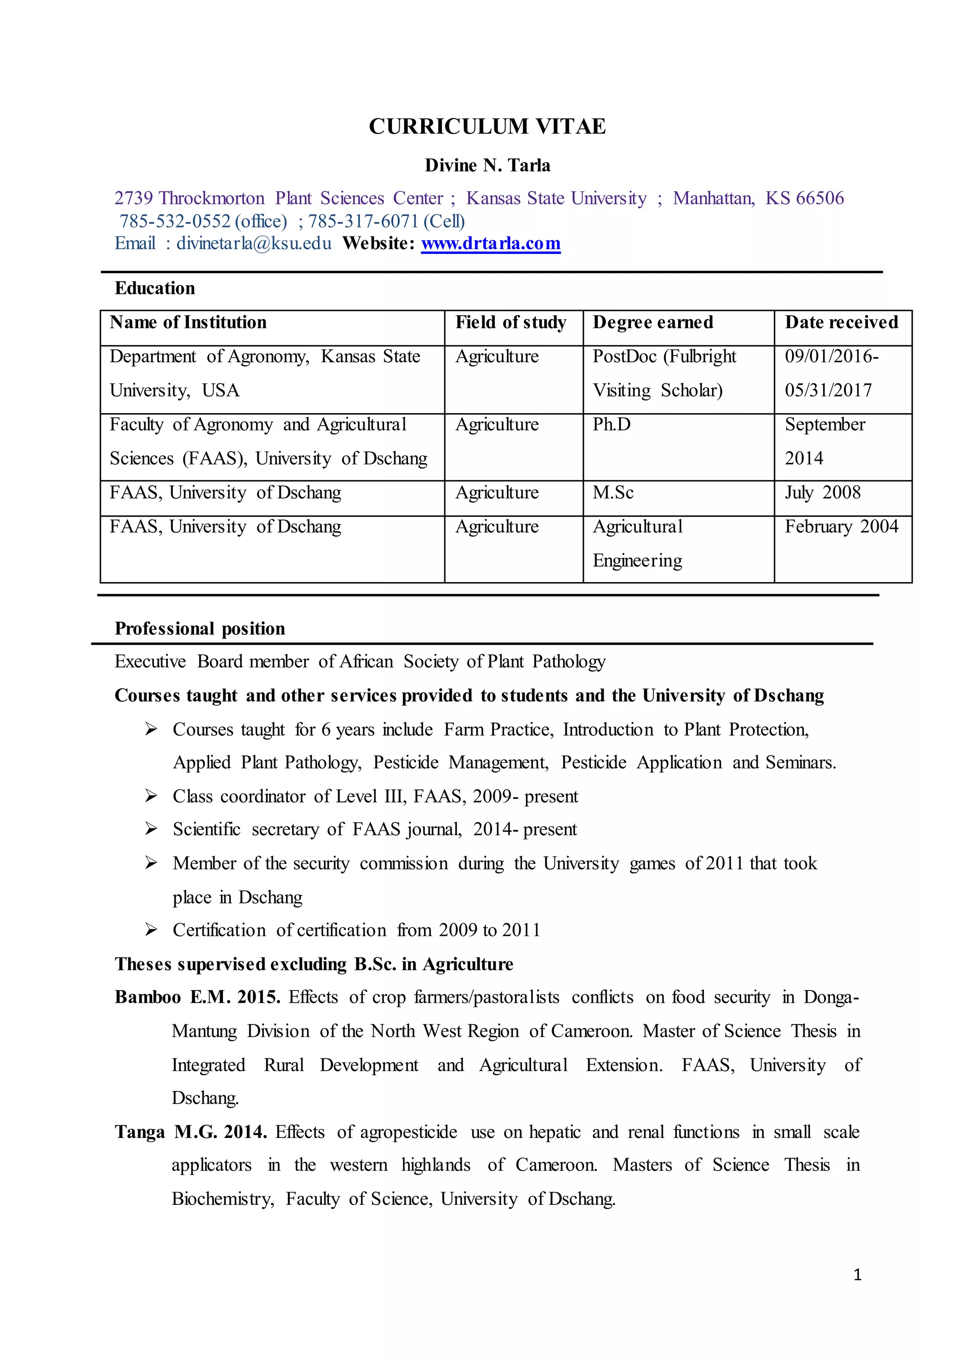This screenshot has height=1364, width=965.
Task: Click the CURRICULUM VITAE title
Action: coord(487,127)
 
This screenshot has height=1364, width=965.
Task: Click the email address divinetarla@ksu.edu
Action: coord(254,244)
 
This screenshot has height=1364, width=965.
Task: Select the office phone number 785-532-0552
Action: coord(175,221)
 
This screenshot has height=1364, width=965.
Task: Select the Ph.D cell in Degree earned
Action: coord(612,425)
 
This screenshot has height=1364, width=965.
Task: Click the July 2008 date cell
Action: coord(822,493)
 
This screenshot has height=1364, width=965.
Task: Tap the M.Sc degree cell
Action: coord(613,493)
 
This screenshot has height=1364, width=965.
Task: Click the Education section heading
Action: coord(155,288)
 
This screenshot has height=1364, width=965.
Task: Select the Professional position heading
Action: coord(200,628)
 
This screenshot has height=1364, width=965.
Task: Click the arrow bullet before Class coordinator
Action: coord(151,796)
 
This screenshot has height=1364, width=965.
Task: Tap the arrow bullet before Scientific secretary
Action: coord(151,829)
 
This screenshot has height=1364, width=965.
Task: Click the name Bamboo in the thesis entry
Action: coord(147,997)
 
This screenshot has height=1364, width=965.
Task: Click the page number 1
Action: coord(857,1275)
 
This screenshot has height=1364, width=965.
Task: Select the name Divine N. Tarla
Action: coord(487,165)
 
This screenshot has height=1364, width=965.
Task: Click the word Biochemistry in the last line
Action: coord(222,1199)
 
